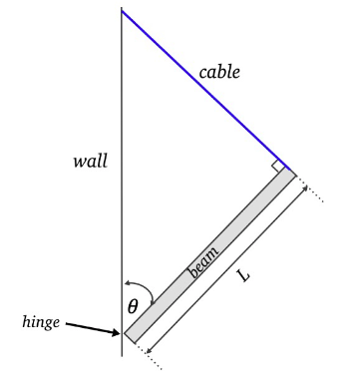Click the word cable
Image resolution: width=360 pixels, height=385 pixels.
(x=219, y=72)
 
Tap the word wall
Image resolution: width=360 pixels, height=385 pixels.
(x=90, y=161)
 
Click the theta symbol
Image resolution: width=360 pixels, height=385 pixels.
(x=133, y=307)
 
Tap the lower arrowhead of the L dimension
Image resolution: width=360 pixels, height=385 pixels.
(x=148, y=350)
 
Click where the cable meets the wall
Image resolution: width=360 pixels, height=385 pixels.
(x=122, y=11)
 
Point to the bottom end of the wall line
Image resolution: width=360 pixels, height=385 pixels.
(x=122, y=354)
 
